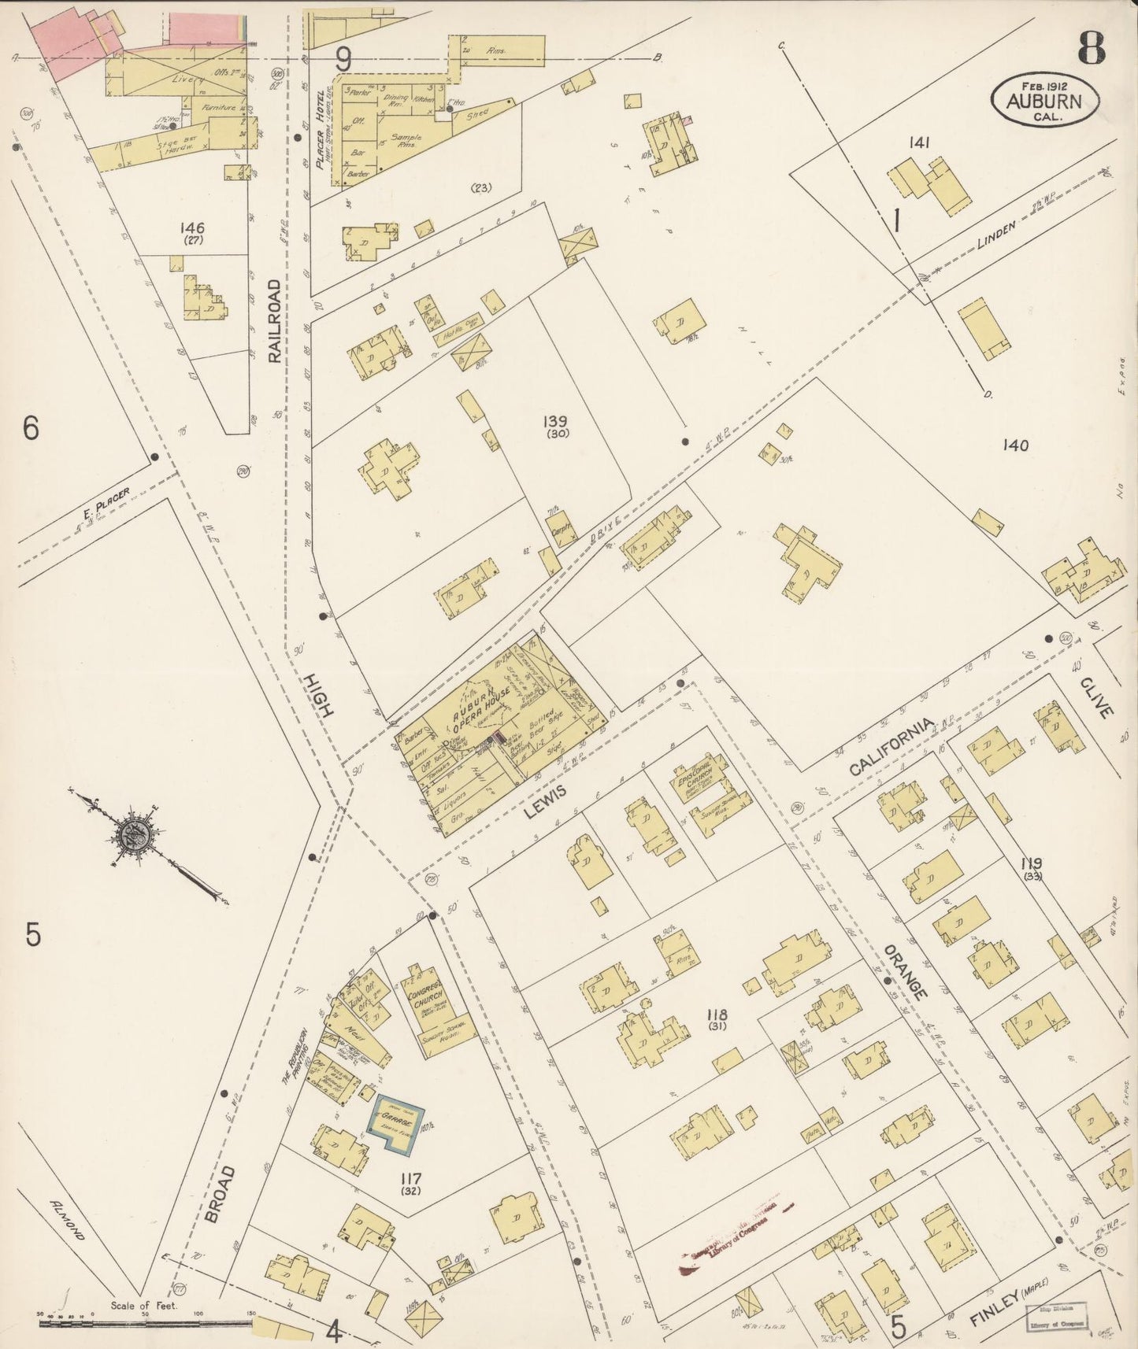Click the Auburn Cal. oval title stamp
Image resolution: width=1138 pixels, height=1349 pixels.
[x=1044, y=98]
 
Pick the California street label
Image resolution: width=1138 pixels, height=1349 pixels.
[x=891, y=746]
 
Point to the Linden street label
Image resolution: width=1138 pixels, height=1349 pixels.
[x=996, y=234]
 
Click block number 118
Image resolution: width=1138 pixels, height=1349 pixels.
[x=717, y=1015]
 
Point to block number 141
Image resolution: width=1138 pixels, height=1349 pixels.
[x=919, y=142]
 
